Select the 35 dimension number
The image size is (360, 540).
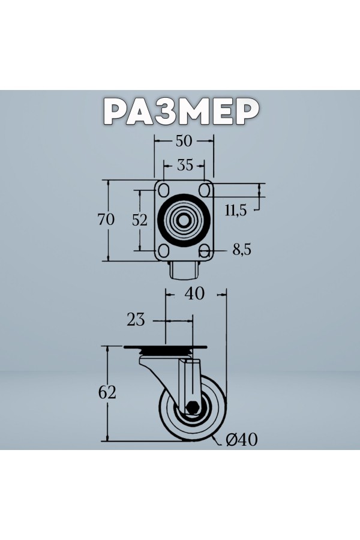pyautogui.click(x=184, y=164)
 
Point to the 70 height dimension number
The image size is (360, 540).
pyautogui.click(x=106, y=220)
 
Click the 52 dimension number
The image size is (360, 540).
pyautogui.click(x=140, y=220)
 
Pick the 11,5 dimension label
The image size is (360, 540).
pyautogui.click(x=236, y=210)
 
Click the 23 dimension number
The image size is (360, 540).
pyautogui.click(x=136, y=319)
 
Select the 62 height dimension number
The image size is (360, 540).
pyautogui.click(x=106, y=393)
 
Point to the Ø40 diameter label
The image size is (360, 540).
pyautogui.click(x=242, y=440)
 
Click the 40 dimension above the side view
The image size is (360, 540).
pyautogui.click(x=195, y=293)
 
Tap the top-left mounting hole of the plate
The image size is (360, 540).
pyautogui.click(x=163, y=190)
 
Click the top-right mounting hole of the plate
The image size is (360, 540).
pyautogui.click(x=205, y=190)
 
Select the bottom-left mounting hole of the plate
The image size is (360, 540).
pyautogui.click(x=163, y=250)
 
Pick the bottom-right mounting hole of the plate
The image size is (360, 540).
pyautogui.click(x=205, y=250)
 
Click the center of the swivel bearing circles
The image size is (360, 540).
pyautogui.click(x=184, y=220)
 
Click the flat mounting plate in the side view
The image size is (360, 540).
pyautogui.click(x=165, y=348)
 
